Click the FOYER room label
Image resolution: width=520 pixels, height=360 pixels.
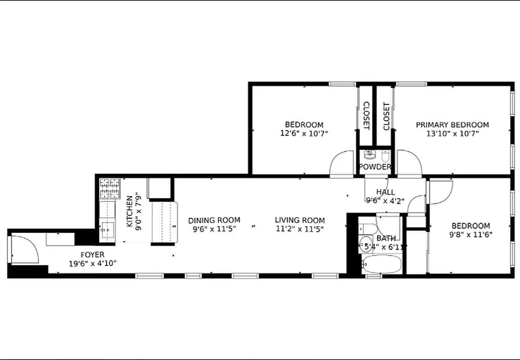[x=92, y=255]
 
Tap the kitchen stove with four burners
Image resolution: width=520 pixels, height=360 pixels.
[x=110, y=188]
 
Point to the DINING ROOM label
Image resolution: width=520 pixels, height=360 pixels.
[x=214, y=220]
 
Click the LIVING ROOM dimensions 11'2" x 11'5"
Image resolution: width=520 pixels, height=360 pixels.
[x=299, y=229]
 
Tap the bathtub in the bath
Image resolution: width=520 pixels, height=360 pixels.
[x=381, y=265]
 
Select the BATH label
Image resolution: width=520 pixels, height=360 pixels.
[x=386, y=238]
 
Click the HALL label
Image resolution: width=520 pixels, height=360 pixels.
[x=385, y=192]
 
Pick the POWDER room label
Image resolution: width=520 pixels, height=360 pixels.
[x=375, y=167]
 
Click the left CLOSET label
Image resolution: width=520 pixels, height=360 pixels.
[x=366, y=116]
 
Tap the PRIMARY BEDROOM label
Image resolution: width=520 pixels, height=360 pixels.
[x=452, y=125]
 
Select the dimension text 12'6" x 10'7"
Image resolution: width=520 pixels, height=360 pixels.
[x=304, y=133]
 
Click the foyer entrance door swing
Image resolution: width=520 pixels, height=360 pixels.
[x=25, y=250]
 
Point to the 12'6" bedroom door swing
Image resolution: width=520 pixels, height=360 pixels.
[x=342, y=163]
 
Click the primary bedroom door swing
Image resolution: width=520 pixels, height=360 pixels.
[x=408, y=163]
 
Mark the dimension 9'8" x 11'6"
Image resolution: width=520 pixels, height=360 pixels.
[x=470, y=234]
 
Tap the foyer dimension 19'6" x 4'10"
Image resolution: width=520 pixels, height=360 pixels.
[x=92, y=264]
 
